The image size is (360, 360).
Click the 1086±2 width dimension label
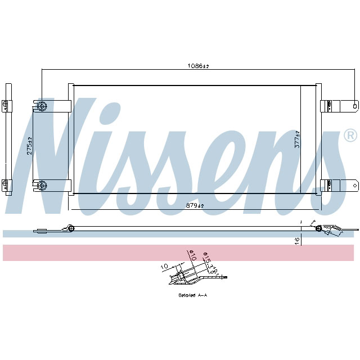point(198,66)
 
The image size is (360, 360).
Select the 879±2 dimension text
point(195,205)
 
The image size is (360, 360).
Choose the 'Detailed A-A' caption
point(193,295)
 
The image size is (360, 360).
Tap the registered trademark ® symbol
point(349,136)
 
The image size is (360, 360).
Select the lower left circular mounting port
point(42,184)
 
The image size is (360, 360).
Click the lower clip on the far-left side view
point(6,183)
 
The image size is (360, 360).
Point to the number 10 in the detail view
point(164,266)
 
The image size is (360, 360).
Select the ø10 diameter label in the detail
point(191,256)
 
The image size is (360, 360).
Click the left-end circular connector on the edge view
point(71,228)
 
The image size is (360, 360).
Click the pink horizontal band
point(180,253)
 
